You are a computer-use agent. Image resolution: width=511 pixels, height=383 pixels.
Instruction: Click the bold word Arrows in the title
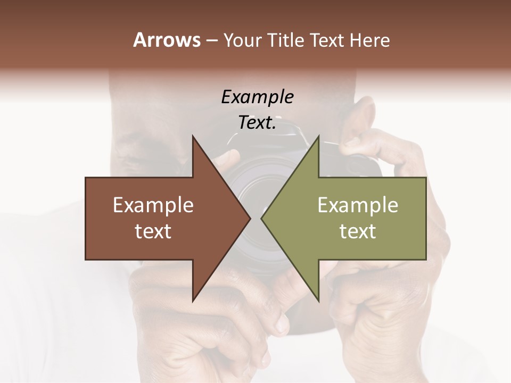166,40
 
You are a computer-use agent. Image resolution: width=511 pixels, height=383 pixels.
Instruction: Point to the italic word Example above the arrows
257,97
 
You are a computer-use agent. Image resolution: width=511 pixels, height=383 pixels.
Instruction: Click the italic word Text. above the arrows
257,122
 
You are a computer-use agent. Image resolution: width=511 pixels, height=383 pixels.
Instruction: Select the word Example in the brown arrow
153,205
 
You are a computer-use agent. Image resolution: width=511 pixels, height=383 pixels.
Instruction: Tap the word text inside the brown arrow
153,231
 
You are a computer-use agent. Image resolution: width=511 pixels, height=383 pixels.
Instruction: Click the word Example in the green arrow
358,205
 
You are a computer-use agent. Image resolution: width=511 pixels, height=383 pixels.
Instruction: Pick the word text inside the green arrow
358,231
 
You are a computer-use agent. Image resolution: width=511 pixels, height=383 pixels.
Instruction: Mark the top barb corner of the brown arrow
193,137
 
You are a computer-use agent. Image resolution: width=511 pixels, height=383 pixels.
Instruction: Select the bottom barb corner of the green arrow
318,301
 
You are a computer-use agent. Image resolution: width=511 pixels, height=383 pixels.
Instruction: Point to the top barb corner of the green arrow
318,137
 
